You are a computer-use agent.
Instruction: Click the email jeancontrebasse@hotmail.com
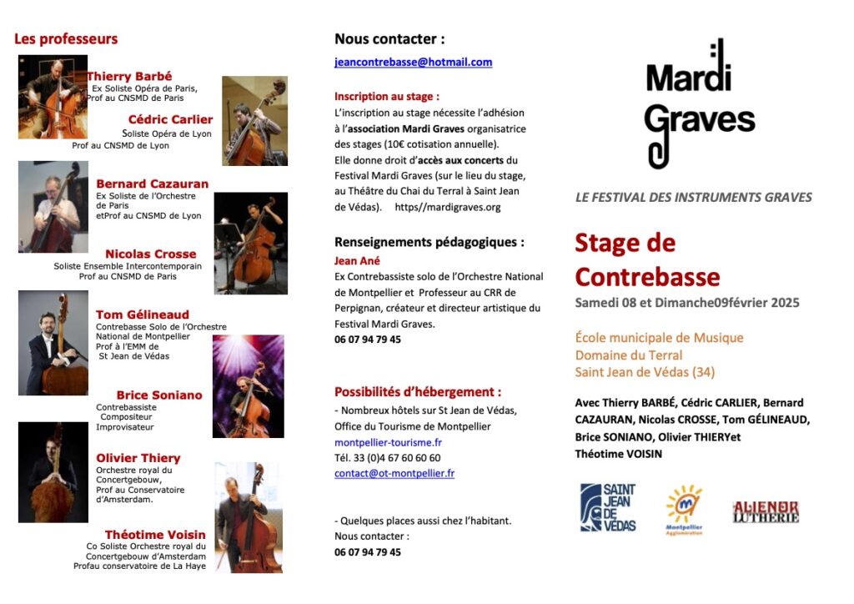pyautogui.click(x=413, y=63)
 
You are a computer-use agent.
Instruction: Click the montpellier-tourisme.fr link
pyautogui.click(x=388, y=442)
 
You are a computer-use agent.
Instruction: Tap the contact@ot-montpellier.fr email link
pyautogui.click(x=394, y=473)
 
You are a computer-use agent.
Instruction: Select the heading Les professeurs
pyautogui.click(x=66, y=39)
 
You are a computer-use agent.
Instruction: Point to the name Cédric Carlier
pyautogui.click(x=170, y=119)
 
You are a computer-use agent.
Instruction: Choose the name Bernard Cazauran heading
pyautogui.click(x=152, y=184)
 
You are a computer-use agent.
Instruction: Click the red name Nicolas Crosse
pyautogui.click(x=150, y=254)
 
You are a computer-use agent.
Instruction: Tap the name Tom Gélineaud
pyautogui.click(x=142, y=315)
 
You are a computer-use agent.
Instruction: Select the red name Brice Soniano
pyautogui.click(x=159, y=395)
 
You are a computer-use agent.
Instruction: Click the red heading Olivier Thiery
pyautogui.click(x=138, y=458)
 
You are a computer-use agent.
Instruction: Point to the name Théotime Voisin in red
pyautogui.click(x=155, y=535)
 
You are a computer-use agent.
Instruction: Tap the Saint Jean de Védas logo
pyautogui.click(x=608, y=506)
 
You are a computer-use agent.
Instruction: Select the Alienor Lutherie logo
pyautogui.click(x=765, y=511)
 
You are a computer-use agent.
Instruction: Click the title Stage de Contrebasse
pyautogui.click(x=646, y=259)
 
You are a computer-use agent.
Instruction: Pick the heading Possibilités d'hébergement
pyautogui.click(x=418, y=391)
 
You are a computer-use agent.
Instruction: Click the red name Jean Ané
pyautogui.click(x=356, y=260)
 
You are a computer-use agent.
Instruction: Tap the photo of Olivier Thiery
pyautogui.click(x=53, y=471)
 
